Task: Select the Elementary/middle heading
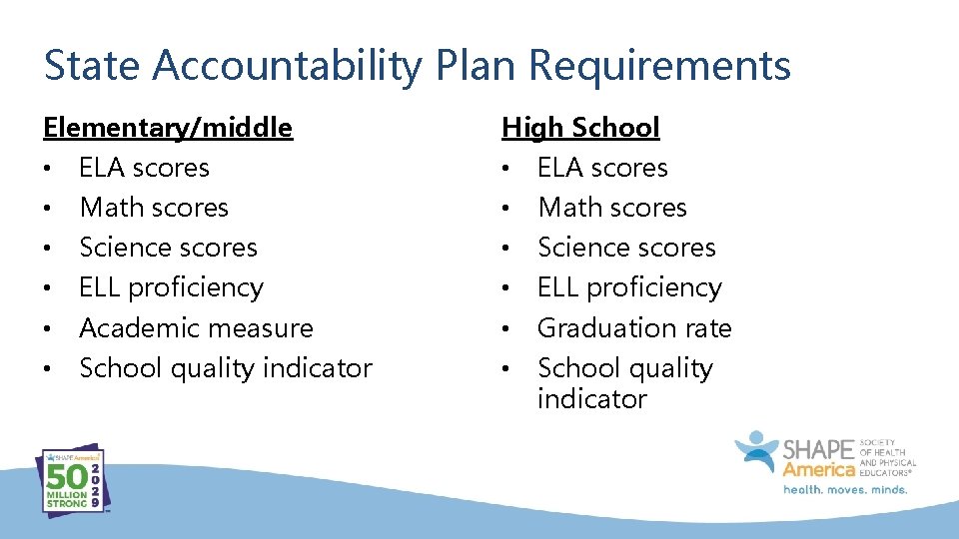tap(168, 128)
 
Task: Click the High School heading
tap(580, 128)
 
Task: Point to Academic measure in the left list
tap(196, 327)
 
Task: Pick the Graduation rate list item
tap(634, 327)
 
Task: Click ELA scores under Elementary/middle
tap(144, 168)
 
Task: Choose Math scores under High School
tap(612, 208)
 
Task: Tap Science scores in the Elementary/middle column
tap(168, 248)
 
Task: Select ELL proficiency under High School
tap(629, 287)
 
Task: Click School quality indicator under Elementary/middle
tap(225, 367)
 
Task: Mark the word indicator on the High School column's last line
tap(591, 399)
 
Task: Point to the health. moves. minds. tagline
tap(844, 490)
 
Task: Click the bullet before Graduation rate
tap(506, 328)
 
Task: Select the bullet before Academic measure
tap(48, 328)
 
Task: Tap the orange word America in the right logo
tap(819, 469)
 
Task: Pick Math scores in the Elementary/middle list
tap(154, 208)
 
